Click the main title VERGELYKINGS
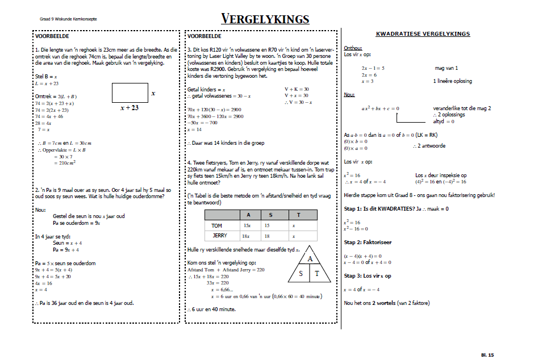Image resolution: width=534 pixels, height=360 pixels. (265, 19)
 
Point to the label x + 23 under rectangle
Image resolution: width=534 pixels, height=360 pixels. (130, 107)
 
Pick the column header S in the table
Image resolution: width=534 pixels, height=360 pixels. (270, 215)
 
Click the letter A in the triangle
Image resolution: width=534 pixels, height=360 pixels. (310, 258)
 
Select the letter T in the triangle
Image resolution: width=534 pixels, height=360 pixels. (318, 274)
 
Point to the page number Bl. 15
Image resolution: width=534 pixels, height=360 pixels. (487, 355)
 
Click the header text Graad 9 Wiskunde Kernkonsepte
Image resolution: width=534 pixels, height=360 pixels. (68, 19)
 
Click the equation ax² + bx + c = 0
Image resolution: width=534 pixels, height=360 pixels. (380, 108)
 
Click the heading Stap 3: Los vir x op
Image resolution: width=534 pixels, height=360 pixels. (368, 276)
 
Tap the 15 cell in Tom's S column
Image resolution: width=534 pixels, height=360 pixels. (270, 225)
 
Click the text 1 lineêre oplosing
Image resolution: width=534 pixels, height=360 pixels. (452, 81)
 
